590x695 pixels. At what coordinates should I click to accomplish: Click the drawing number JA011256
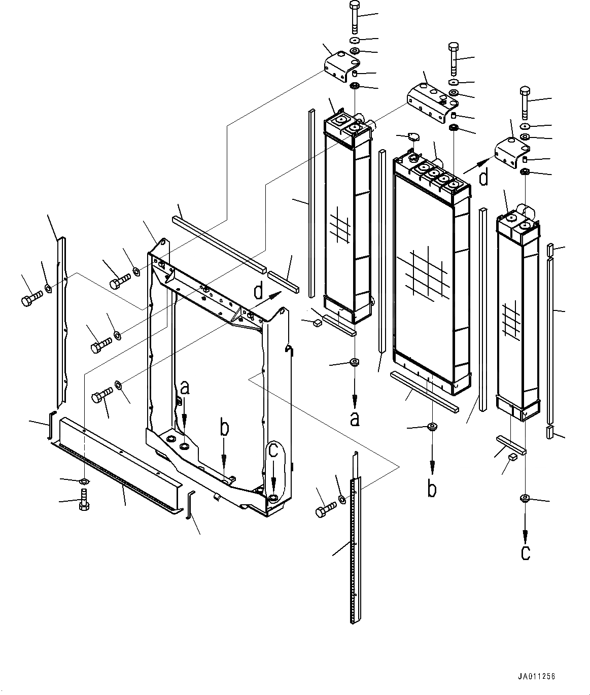tap(537, 677)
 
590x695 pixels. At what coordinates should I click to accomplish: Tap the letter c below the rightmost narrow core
tap(526, 552)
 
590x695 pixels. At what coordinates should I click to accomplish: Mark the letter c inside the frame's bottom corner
tap(273, 450)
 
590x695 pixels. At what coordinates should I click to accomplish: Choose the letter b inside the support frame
tap(224, 428)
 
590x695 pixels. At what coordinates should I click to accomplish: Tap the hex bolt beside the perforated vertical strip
tap(325, 510)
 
